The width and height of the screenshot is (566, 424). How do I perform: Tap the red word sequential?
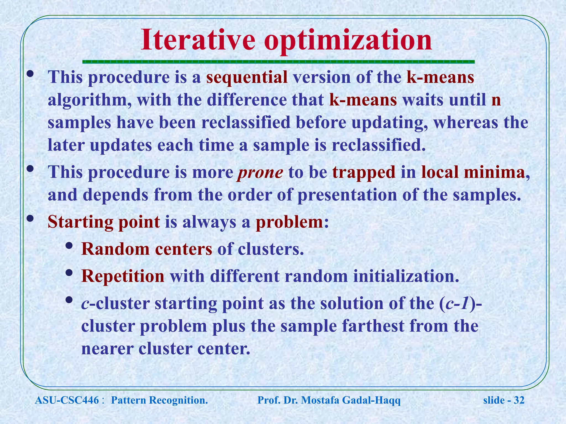click(247, 77)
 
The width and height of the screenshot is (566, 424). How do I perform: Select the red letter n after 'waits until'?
click(496, 100)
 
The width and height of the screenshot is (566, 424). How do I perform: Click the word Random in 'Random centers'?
click(115, 249)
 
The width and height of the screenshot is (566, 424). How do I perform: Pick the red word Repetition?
click(123, 276)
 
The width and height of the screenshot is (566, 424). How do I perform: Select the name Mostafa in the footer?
click(320, 400)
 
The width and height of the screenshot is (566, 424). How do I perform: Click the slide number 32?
click(519, 400)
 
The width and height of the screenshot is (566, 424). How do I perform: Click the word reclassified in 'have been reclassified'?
click(246, 123)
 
